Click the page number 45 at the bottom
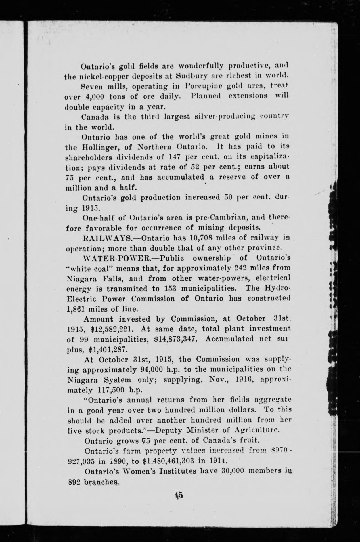pyautogui.click(x=179, y=495)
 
